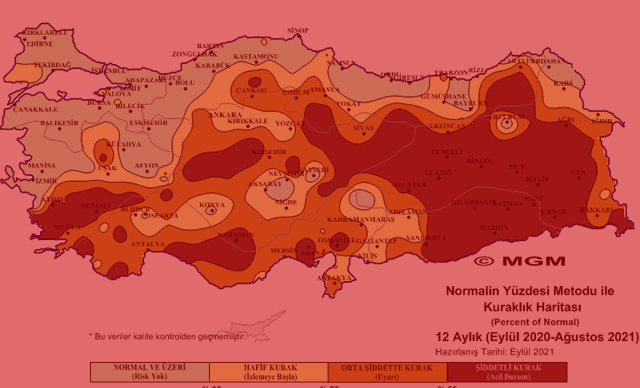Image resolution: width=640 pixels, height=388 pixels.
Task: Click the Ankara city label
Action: [225, 115]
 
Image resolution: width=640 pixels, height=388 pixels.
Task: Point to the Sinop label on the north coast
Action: [297, 31]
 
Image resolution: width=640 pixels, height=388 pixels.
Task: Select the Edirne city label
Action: [39, 44]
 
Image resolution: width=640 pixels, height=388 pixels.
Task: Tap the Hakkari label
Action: [595, 210]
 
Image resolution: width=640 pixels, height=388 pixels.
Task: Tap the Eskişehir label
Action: [148, 122]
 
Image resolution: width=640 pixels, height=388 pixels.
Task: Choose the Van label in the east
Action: [577, 172]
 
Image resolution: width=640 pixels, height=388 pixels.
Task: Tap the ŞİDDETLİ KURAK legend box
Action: [507, 372]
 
